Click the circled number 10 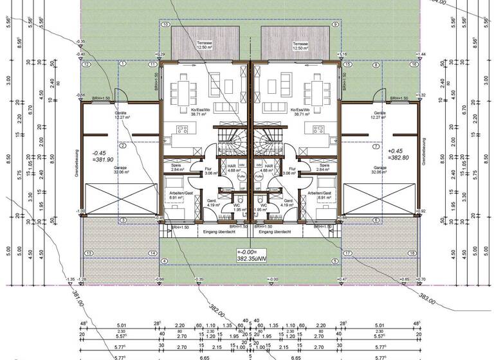165,24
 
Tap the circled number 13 88,253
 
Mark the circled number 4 165,261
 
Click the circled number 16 415,64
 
